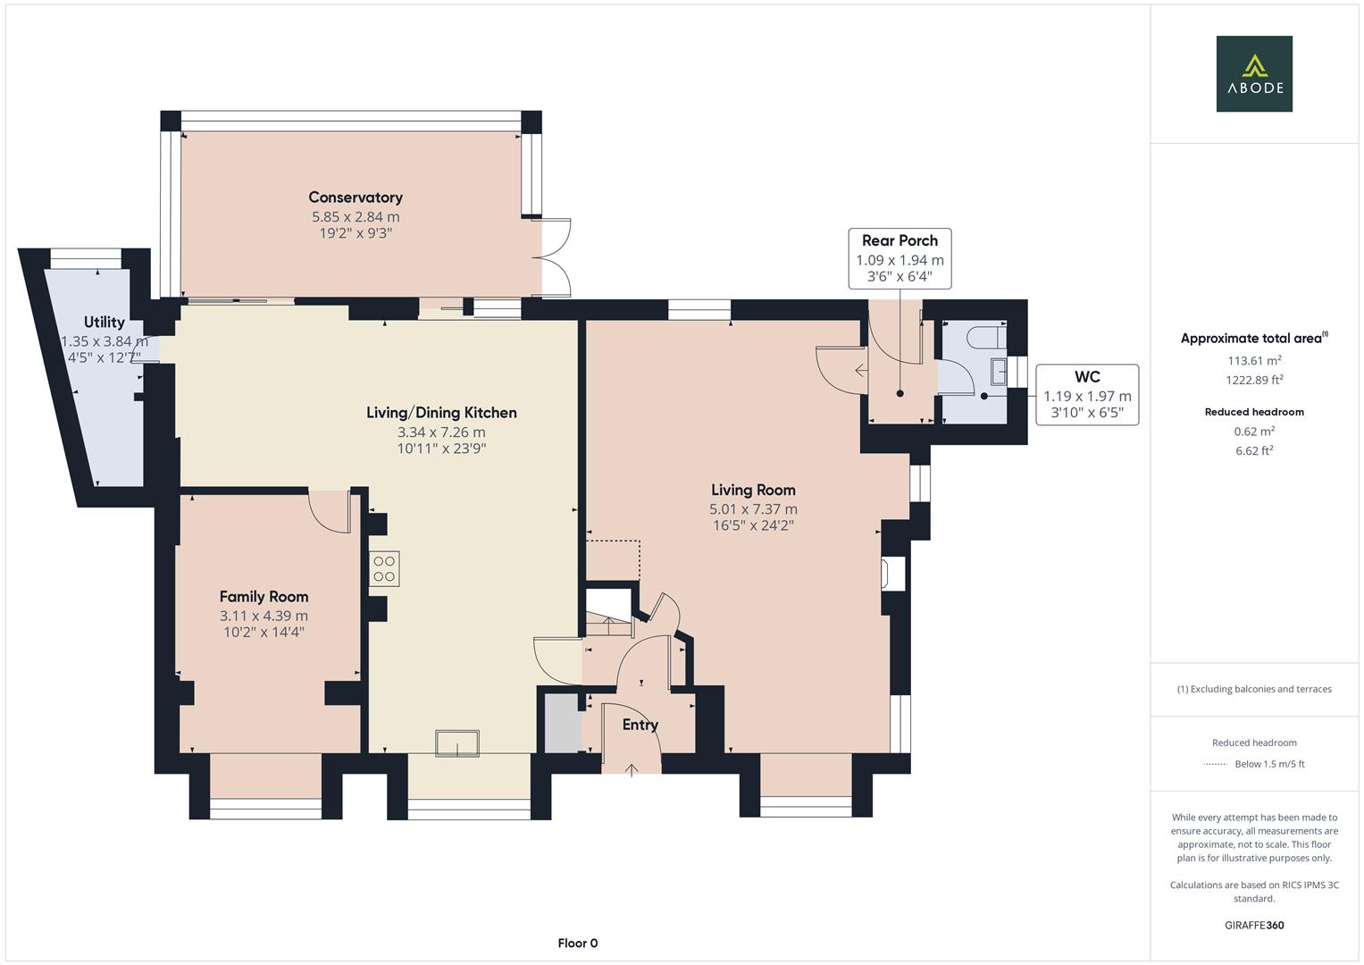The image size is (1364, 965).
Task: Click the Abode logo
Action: click(x=1253, y=74)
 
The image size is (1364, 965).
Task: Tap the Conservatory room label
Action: click(x=356, y=197)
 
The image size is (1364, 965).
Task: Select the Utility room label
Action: click(x=105, y=322)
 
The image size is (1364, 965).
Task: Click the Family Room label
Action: click(x=264, y=596)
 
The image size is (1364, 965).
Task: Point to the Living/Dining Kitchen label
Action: click(x=441, y=413)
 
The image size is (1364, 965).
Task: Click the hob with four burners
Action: click(x=384, y=569)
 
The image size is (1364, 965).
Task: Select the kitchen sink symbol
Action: click(x=456, y=743)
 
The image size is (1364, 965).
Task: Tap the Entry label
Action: click(x=640, y=725)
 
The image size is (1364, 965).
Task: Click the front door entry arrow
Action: click(x=632, y=769)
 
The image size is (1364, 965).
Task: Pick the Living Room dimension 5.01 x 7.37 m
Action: click(x=753, y=509)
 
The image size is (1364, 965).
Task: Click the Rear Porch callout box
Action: click(x=900, y=258)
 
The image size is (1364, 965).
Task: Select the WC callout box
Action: click(x=1087, y=394)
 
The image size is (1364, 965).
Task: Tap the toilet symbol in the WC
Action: click(x=989, y=337)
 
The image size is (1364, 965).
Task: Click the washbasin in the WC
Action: click(x=998, y=371)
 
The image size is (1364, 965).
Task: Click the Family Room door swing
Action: click(x=330, y=512)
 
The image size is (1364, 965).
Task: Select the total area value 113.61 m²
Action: click(x=1254, y=361)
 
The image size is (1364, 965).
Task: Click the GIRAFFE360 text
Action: click(x=1254, y=925)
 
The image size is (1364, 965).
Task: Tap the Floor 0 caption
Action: click(x=577, y=943)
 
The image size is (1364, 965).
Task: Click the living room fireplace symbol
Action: click(x=892, y=574)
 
